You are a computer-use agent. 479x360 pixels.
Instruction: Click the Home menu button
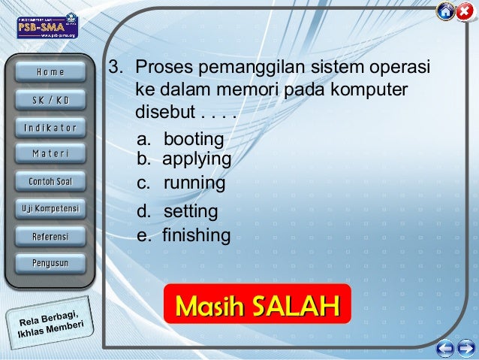[50, 72]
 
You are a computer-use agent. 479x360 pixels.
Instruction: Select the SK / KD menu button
[50, 100]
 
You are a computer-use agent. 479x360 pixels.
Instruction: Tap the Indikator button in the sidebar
[50, 127]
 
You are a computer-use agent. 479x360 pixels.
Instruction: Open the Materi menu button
[50, 154]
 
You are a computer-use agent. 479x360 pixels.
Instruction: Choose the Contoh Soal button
[50, 181]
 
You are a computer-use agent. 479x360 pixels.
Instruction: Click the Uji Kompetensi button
[50, 208]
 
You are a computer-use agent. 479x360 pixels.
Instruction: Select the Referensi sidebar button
[50, 236]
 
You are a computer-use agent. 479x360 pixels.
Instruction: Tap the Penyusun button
[50, 263]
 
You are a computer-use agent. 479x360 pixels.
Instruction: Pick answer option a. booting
[180, 139]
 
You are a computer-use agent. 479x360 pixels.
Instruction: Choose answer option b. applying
[183, 159]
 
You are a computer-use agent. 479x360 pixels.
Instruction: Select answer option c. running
[181, 183]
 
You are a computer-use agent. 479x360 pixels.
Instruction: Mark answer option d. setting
[177, 211]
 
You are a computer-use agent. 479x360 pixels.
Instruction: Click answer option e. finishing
[183, 235]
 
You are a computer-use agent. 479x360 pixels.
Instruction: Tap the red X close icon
[465, 12]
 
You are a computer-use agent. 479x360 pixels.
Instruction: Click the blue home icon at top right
[445, 12]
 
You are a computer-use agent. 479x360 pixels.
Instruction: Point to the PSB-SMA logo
[47, 26]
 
